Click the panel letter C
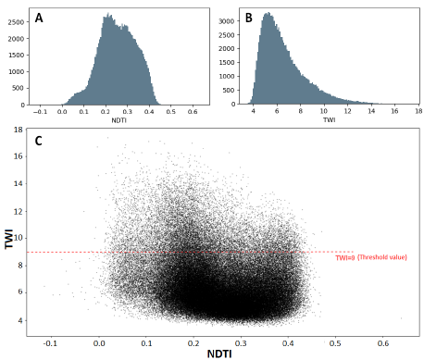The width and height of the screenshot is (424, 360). tap(38, 141)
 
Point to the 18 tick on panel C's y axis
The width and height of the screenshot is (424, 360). tap(19, 130)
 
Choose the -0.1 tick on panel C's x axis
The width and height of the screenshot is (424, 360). tap(52, 341)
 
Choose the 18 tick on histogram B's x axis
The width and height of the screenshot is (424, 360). tap(415, 110)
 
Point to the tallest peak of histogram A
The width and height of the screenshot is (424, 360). tap(108, 15)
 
